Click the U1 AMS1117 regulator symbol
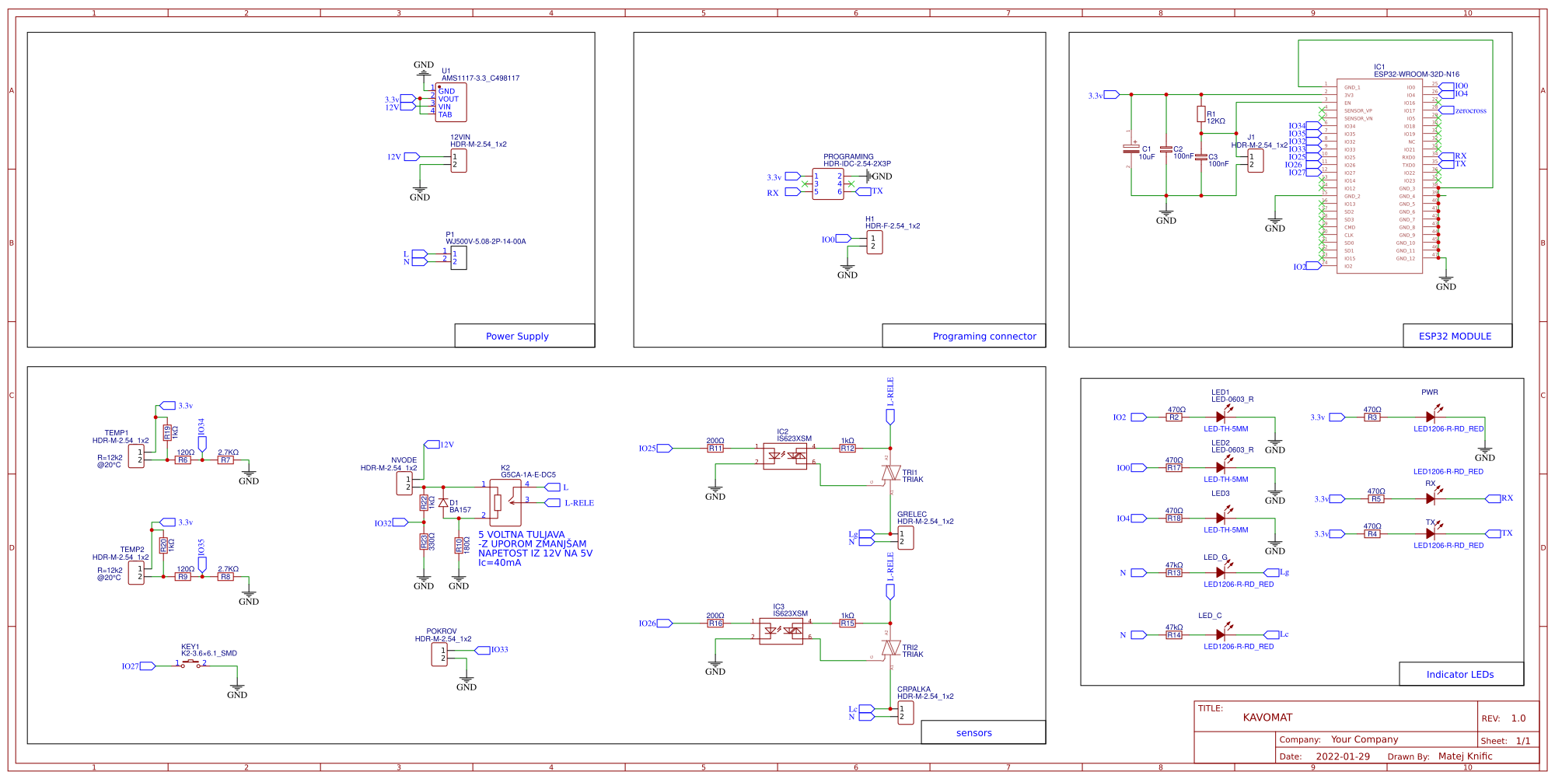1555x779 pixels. coord(451,103)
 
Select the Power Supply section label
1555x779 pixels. coord(517,336)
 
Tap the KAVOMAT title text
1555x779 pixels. coord(1267,718)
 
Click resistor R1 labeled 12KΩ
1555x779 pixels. coord(1200,114)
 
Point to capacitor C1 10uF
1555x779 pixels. coord(1131,148)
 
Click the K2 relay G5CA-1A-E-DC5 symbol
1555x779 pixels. coord(505,502)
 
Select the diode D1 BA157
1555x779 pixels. coord(443,503)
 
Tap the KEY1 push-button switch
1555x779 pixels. coord(190,664)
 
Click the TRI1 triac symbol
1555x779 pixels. coord(890,473)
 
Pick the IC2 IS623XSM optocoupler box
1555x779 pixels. coord(784,456)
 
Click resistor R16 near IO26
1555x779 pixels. coord(715,624)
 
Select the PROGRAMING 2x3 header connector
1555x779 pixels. coord(827,184)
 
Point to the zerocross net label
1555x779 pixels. coord(1470,110)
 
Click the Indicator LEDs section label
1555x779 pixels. coord(1459,674)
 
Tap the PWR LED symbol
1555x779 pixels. coord(1430,417)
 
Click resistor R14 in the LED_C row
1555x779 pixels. coord(1174,635)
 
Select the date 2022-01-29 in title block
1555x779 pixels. coord(1343,756)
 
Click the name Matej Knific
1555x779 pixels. coord(1465,756)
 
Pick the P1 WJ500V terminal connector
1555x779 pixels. coord(459,258)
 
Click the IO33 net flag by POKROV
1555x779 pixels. coord(498,650)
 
